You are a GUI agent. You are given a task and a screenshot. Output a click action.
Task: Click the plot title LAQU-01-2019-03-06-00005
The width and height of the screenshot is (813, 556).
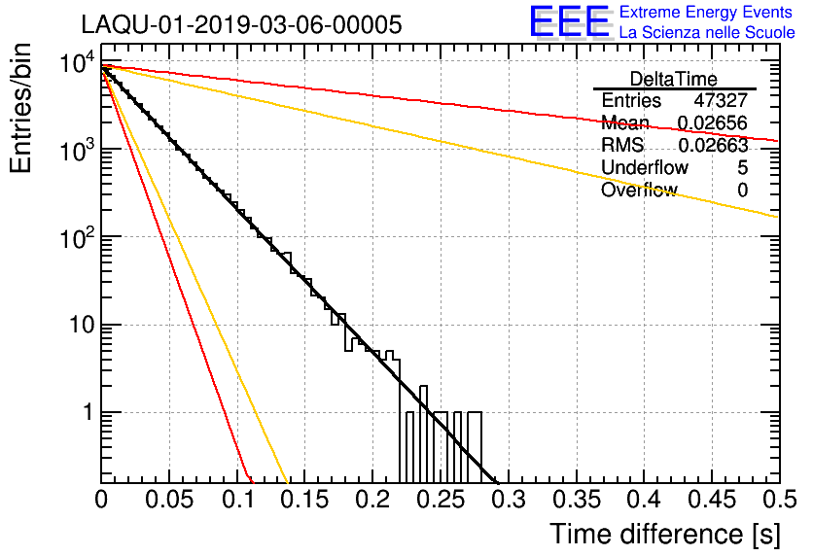point(241,24)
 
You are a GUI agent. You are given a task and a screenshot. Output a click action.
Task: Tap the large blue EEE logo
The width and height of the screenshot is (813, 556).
point(570,21)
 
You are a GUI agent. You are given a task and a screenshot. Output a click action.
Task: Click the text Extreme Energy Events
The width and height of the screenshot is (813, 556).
point(706,12)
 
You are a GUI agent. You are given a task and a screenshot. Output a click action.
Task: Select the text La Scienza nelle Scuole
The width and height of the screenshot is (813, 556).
point(707,32)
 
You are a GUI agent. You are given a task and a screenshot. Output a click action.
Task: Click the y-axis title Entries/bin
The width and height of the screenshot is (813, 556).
point(20,109)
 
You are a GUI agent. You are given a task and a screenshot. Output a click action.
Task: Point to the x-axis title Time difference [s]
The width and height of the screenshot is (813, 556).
point(665,535)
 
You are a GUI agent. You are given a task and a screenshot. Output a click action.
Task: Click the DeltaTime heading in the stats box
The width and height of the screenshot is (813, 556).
point(674,79)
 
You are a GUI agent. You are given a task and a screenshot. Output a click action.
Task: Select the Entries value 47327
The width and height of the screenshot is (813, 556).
point(721,100)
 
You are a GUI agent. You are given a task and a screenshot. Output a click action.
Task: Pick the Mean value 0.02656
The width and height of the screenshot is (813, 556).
point(713,122)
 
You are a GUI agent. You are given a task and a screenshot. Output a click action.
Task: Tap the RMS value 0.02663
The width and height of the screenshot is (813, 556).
point(713,145)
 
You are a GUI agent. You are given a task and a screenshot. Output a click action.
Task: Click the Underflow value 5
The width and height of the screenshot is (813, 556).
point(742,167)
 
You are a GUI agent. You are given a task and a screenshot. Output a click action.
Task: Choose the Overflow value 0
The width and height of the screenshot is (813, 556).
point(742,190)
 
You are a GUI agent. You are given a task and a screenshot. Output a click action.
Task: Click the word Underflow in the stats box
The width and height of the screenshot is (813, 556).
point(645,167)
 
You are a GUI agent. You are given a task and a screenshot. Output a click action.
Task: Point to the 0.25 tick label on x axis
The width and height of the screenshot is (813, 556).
point(441,500)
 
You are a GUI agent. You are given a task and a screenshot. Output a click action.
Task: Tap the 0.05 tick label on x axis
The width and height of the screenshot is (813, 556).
point(169,500)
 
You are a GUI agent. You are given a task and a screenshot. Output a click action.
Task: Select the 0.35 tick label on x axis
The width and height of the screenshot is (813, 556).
point(576,500)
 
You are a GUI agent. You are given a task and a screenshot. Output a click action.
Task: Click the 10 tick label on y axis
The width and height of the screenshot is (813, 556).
point(82,325)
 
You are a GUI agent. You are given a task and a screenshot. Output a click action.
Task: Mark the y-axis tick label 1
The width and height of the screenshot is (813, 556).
point(88,413)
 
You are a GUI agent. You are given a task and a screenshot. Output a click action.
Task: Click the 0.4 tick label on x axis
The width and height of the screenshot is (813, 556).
point(644,500)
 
